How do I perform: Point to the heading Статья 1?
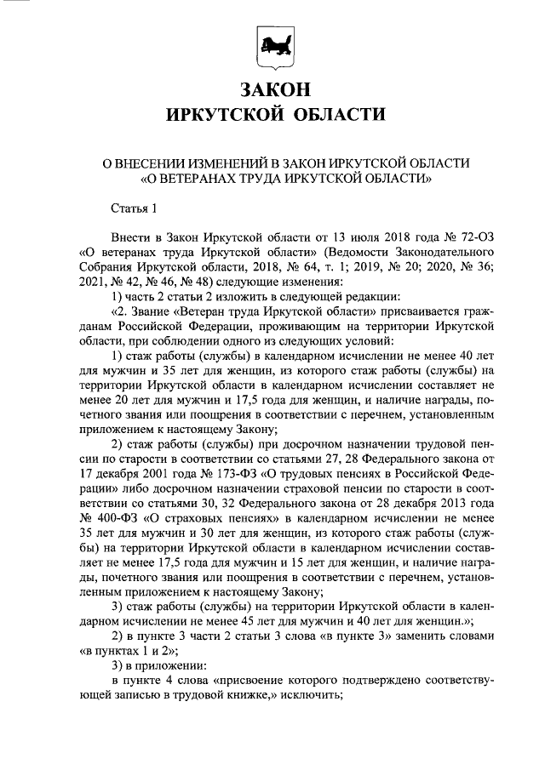(x=135, y=208)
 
